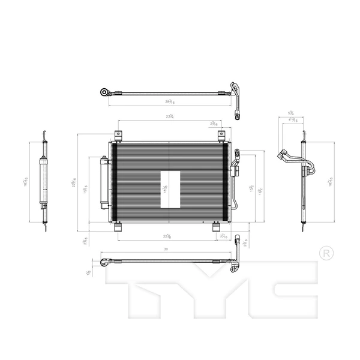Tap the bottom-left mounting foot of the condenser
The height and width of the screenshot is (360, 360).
tap(118, 226)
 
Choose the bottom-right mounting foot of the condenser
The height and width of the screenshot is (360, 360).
tap(217, 226)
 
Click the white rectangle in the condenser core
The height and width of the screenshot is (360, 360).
tap(170, 188)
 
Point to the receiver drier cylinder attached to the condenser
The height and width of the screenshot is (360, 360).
tap(104, 182)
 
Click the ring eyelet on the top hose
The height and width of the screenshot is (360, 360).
tap(105, 92)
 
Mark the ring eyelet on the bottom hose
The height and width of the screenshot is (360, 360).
tap(104, 262)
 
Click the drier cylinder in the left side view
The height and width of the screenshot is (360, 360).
tap(43, 179)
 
